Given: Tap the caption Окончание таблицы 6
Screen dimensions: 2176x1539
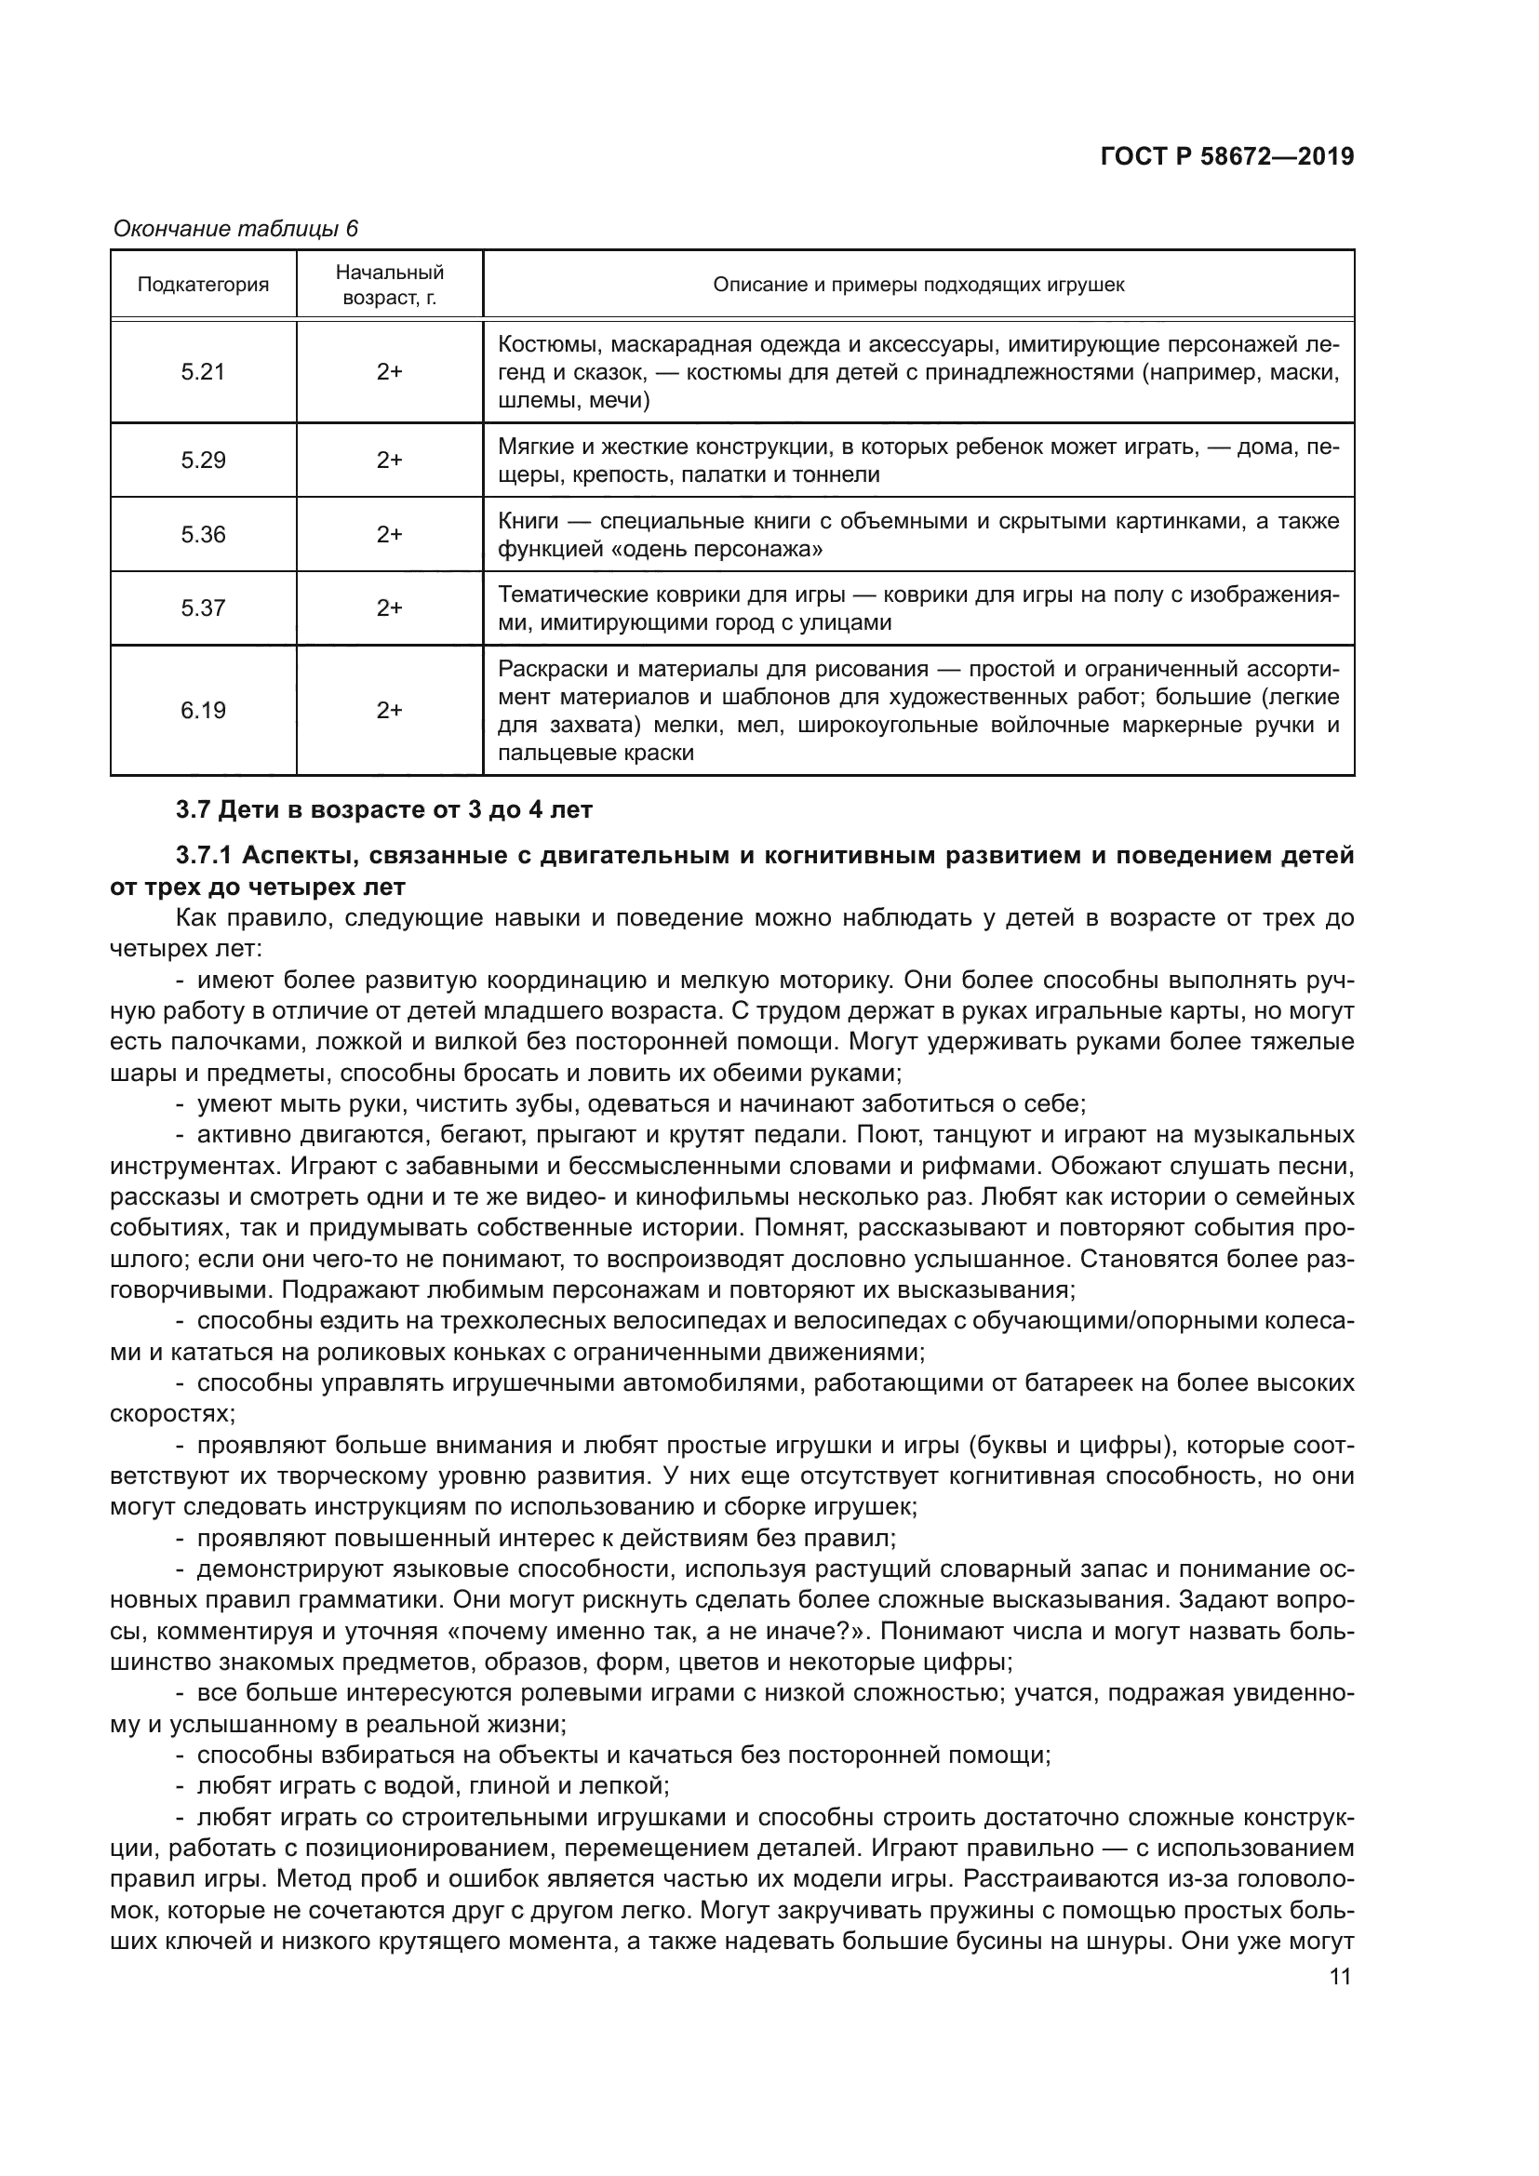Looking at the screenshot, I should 236,229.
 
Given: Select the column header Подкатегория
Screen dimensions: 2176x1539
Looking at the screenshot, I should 203,285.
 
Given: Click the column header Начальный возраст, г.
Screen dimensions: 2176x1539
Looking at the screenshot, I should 390,286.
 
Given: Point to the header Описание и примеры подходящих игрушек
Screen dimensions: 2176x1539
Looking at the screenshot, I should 918,285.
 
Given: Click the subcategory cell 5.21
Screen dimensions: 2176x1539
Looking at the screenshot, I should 203,371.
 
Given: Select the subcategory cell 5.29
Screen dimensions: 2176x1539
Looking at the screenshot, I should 203,461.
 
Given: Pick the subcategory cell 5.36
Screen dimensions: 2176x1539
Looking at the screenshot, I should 203,535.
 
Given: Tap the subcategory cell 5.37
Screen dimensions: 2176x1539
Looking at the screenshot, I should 203,608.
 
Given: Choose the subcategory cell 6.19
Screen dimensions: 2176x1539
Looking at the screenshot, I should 203,711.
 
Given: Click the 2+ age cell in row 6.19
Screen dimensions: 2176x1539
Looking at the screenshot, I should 390,711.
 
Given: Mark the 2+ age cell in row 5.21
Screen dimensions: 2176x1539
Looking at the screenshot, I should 390,371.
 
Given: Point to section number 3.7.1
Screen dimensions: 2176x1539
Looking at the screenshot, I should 204,856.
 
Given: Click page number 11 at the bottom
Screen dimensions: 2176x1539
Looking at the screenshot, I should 1340,1977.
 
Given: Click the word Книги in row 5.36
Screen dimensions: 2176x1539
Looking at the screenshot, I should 528,521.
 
